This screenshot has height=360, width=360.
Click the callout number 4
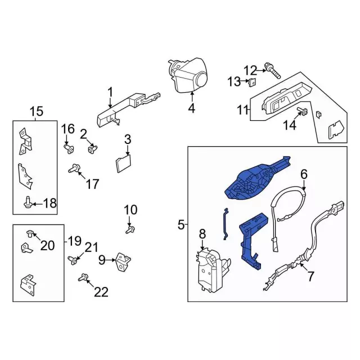[x=191, y=109]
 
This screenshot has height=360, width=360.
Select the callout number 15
[x=36, y=111]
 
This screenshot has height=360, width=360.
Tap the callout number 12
[x=250, y=70]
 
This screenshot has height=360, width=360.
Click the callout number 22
[x=101, y=291]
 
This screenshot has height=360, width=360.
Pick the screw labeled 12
[x=274, y=71]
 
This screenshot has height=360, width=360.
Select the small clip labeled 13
[x=253, y=83]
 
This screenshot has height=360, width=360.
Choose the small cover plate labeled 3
[x=123, y=164]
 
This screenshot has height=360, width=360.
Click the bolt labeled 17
[x=74, y=168]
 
